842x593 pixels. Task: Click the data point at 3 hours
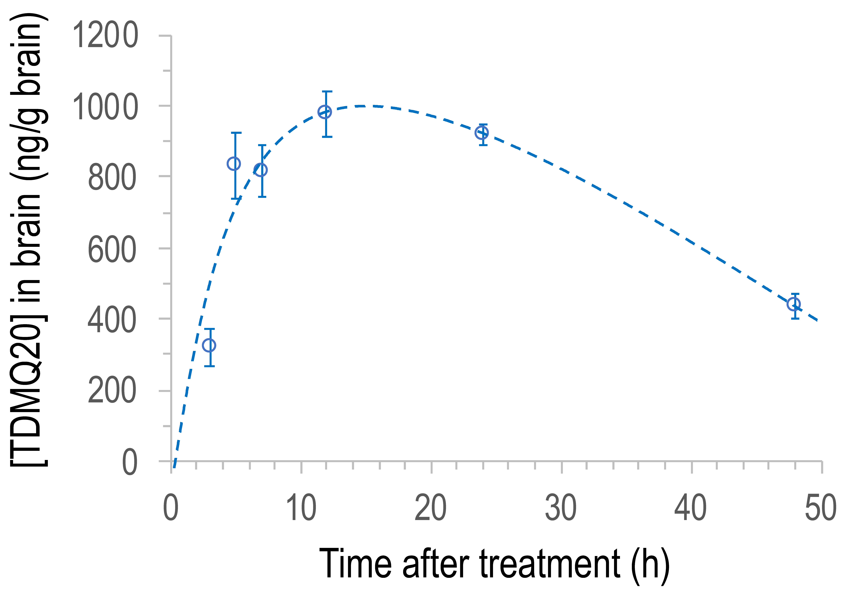[209, 345]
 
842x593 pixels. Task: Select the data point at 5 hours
[234, 164]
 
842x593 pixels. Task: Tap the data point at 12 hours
[325, 112]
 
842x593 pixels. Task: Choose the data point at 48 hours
[794, 304]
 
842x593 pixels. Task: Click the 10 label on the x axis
[301, 508]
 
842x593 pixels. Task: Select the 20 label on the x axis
[431, 508]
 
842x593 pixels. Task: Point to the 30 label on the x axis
[561, 508]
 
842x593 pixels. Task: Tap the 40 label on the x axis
[691, 508]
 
